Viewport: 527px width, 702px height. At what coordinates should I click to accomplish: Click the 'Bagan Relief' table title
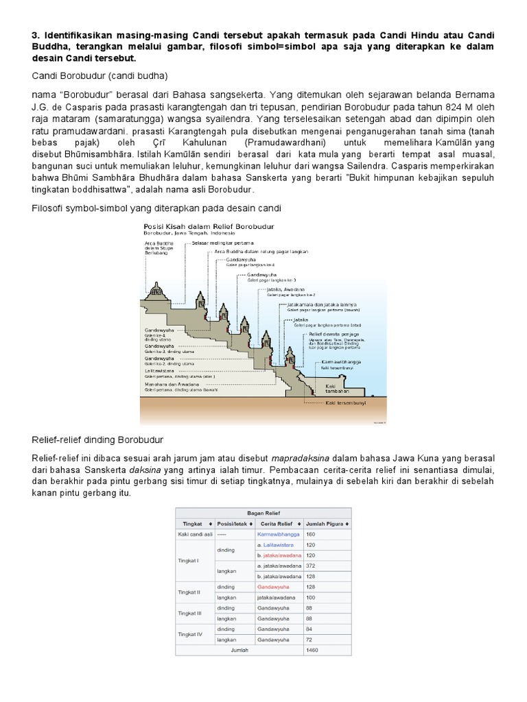point(263,512)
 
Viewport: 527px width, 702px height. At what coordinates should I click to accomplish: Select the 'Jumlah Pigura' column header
point(326,522)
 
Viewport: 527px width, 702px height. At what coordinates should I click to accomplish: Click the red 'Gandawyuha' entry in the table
point(272,587)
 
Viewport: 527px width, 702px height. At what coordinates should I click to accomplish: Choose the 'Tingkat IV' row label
point(189,634)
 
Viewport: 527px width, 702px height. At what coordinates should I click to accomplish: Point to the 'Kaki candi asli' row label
point(194,533)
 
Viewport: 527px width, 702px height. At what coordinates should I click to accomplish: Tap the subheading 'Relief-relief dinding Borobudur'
point(98,439)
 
